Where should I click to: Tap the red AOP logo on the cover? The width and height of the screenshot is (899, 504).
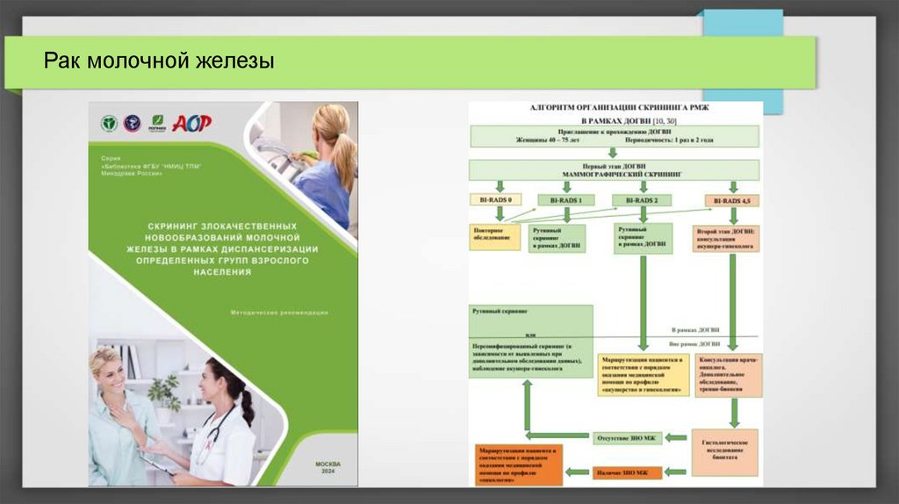tap(191, 124)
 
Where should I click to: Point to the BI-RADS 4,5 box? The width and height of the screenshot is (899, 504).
tap(731, 200)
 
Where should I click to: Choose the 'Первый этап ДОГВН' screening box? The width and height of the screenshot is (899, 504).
tap(615, 169)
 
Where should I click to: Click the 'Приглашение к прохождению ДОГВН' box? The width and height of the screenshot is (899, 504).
tap(615, 135)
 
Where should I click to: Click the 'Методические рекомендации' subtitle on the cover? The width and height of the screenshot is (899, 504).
tap(279, 312)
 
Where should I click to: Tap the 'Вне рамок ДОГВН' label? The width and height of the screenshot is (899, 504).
tap(699, 343)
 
